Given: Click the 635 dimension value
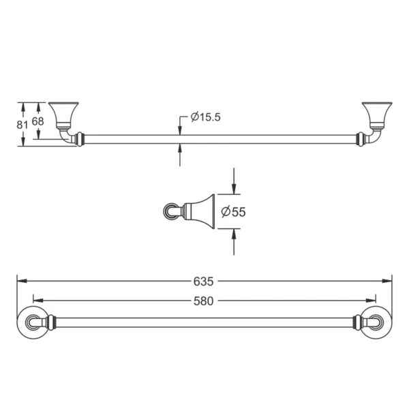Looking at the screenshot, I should tap(204, 281).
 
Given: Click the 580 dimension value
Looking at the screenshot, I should tap(204, 300).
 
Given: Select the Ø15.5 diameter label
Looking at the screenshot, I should tap(205, 117).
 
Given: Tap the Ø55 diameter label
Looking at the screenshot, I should tap(233, 212).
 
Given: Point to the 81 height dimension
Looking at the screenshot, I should tap(22, 123).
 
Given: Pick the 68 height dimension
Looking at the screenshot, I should tap(37, 121).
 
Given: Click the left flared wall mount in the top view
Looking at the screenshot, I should tap(64, 115).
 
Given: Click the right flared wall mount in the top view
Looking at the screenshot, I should tap(376, 115).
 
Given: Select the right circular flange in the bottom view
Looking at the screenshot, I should tap(376, 322).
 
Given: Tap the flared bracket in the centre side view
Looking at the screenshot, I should tap(200, 211).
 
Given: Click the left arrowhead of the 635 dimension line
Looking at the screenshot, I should tap(21, 281).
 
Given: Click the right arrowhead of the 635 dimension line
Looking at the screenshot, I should tap(389, 281).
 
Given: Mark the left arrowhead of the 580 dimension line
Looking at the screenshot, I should tap(37, 300).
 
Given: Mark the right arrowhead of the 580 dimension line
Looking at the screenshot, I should tap(372, 300).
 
